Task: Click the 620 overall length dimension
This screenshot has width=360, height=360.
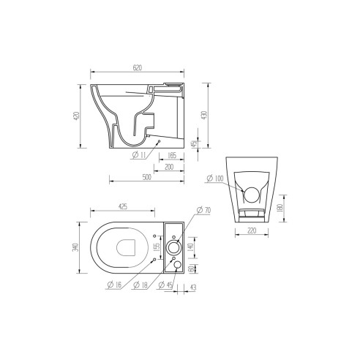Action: point(136,67)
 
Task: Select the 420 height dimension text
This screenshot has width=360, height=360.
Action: point(76,117)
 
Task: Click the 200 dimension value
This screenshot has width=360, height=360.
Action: point(169,167)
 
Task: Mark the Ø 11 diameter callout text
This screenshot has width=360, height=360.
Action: point(140,155)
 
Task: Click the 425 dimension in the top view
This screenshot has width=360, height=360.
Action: point(124,207)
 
